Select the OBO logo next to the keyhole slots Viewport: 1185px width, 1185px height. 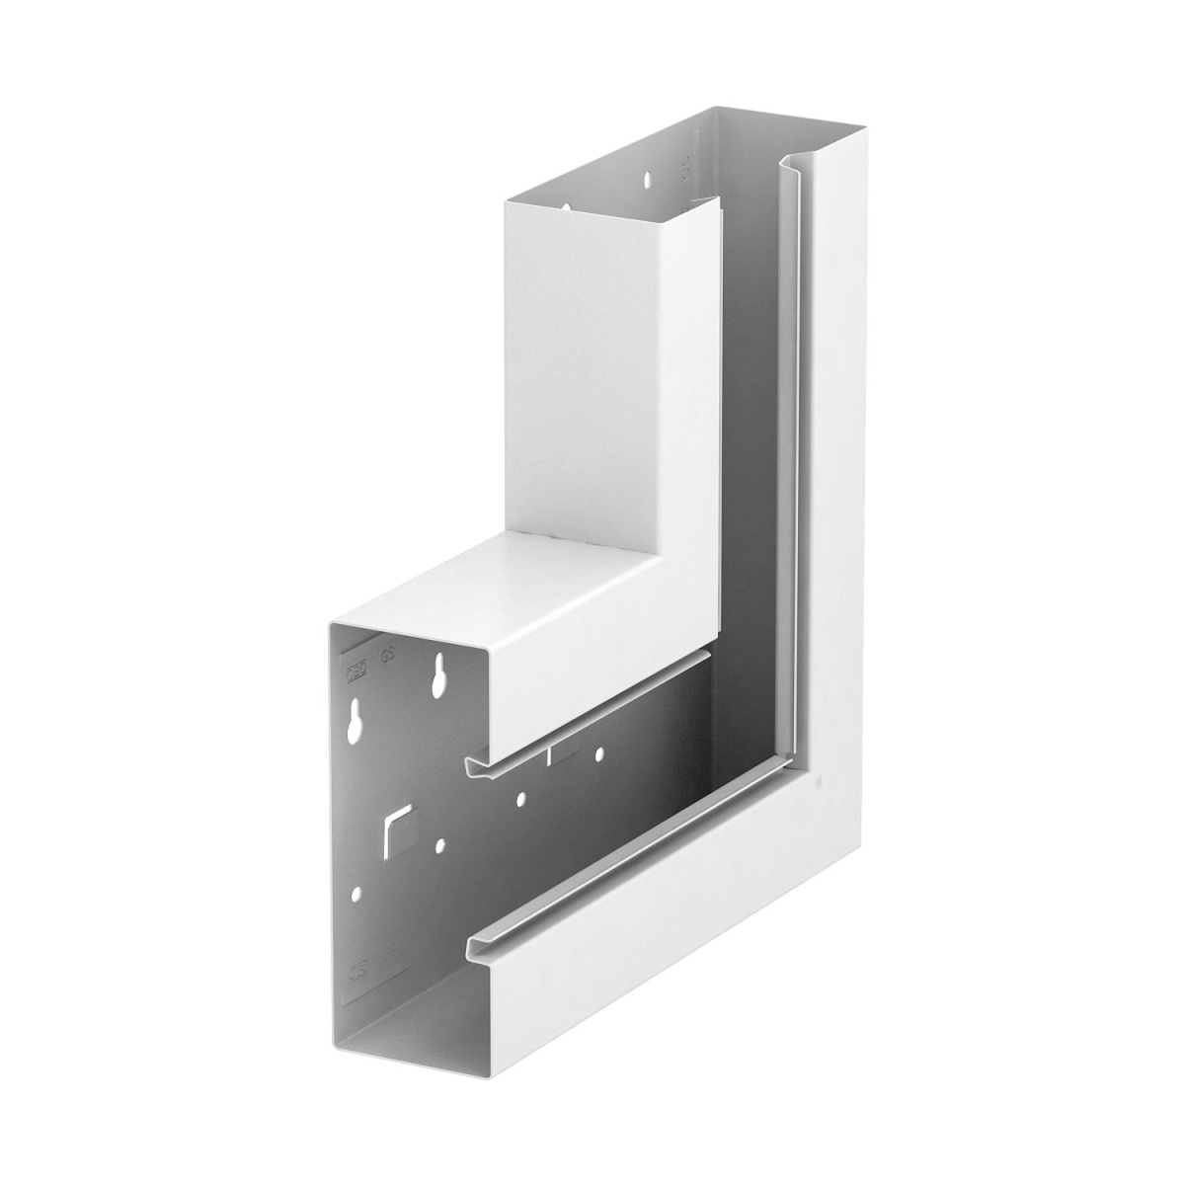[355, 669]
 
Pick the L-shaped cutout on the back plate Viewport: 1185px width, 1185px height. [397, 826]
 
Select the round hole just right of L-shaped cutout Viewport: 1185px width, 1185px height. [439, 845]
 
